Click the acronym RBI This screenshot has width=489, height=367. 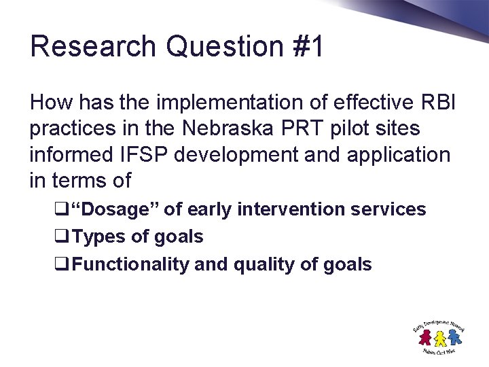440,103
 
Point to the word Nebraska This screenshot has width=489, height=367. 212,129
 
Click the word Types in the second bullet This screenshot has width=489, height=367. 94,237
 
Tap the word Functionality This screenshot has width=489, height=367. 130,264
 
